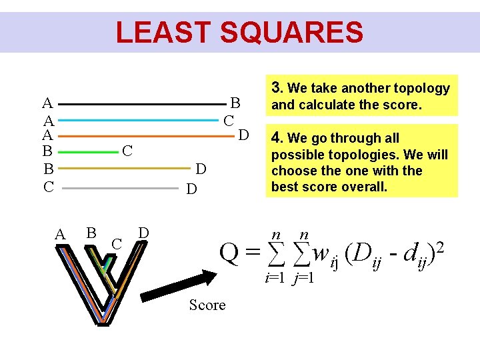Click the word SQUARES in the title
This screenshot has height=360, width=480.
click(299, 32)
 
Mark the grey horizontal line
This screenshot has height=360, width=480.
click(121, 189)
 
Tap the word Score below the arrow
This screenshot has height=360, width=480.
click(207, 305)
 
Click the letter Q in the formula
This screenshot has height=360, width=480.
click(230, 252)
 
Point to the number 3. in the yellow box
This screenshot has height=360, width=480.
click(278, 88)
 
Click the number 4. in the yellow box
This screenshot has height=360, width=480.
click(277, 139)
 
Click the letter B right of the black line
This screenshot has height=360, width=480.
click(235, 103)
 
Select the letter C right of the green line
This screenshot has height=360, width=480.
click(128, 152)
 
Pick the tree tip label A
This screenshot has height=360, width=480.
click(60, 235)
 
